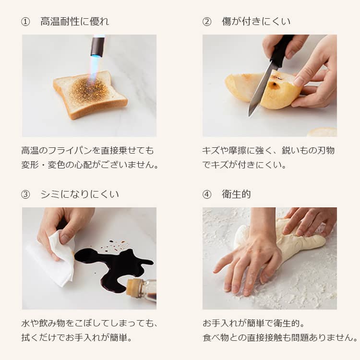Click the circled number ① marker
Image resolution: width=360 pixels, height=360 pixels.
pos(25,22)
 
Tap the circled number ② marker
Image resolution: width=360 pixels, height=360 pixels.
pos(206,22)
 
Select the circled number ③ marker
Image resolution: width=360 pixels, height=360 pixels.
pos(25,194)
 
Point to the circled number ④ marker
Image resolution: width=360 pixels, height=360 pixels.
pos(206,194)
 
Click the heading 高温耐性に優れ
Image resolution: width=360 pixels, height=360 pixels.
pos(74,22)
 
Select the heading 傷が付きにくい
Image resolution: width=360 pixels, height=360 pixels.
pos(256,22)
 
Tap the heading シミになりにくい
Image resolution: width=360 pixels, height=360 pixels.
pos(79,194)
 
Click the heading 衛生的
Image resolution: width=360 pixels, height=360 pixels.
pos(236,194)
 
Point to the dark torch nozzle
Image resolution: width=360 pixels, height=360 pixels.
pos(97,46)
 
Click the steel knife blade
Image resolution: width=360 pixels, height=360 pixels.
pos(261,90)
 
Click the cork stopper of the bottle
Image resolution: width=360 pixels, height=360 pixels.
pos(132,288)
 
